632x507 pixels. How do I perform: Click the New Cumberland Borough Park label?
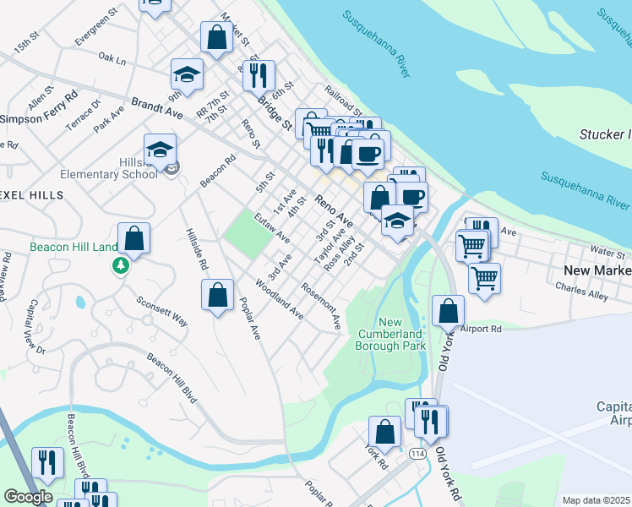tap(401, 334)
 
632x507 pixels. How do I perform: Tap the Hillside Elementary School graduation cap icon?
tap(160, 150)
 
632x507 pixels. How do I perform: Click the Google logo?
tap(28, 497)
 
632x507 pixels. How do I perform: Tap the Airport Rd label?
tap(482, 328)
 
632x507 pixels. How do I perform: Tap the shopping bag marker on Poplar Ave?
tap(217, 295)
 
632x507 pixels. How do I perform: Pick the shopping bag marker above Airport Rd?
tap(448, 310)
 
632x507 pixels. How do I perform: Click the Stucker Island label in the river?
tap(605, 134)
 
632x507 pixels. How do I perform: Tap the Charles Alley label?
tap(581, 292)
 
